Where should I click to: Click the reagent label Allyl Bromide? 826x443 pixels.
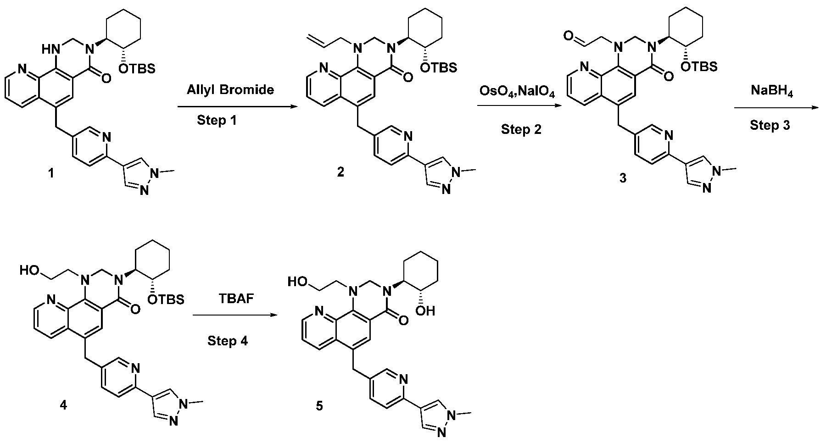(230, 89)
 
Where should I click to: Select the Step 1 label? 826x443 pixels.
(218, 121)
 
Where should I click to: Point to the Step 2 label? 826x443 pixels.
(521, 129)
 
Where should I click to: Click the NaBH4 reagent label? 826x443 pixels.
(772, 91)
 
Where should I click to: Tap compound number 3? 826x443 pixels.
(623, 178)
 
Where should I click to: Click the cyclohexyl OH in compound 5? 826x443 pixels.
(424, 310)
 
